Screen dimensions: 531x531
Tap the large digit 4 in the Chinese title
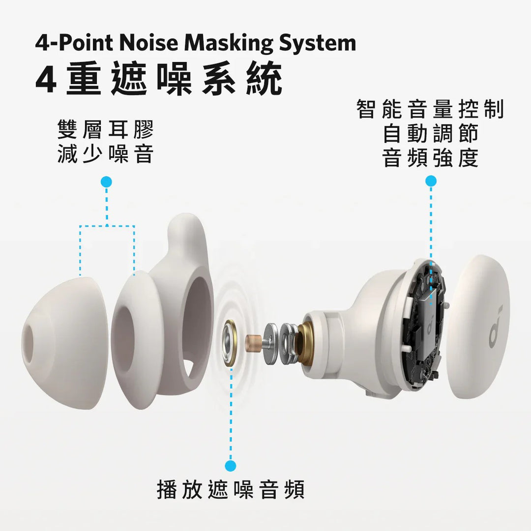click(46, 79)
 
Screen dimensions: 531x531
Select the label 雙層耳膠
click(106, 130)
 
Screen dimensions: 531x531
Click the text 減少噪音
click(106, 154)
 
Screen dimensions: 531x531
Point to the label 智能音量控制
click(430, 109)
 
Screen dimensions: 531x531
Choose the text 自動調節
click(430, 134)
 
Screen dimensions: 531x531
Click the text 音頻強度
click(430, 158)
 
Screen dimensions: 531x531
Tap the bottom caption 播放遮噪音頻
click(231, 490)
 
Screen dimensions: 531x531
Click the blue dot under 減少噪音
click(106, 182)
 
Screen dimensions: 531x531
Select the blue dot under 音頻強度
click(431, 181)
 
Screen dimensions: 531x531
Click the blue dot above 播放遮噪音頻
click(230, 465)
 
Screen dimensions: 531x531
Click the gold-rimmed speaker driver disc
click(230, 343)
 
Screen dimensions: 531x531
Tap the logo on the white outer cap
click(495, 327)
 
